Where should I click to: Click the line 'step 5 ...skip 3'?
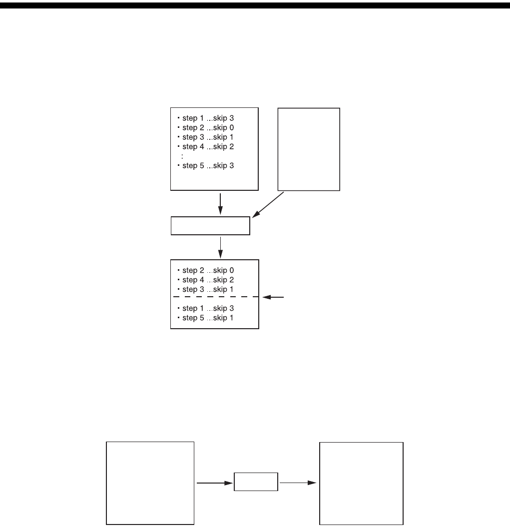click(209, 165)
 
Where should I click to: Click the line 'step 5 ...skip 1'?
click(209, 318)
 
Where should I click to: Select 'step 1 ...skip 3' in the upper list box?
click(209, 118)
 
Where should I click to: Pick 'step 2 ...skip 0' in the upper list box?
click(209, 127)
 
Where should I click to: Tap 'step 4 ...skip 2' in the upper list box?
click(209, 146)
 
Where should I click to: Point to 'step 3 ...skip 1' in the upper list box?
click(209, 137)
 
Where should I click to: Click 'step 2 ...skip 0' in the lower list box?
click(209, 270)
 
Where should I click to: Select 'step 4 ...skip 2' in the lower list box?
click(209, 280)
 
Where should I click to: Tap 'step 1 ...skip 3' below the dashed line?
click(209, 308)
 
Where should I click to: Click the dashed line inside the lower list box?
click(215, 297)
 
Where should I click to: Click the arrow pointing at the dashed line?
click(274, 297)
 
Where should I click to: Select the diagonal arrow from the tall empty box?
click(268, 205)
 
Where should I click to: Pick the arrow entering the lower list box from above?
click(220, 247)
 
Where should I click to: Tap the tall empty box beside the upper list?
click(309, 149)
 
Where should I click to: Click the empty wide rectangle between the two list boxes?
click(210, 226)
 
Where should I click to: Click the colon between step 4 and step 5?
click(183, 156)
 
